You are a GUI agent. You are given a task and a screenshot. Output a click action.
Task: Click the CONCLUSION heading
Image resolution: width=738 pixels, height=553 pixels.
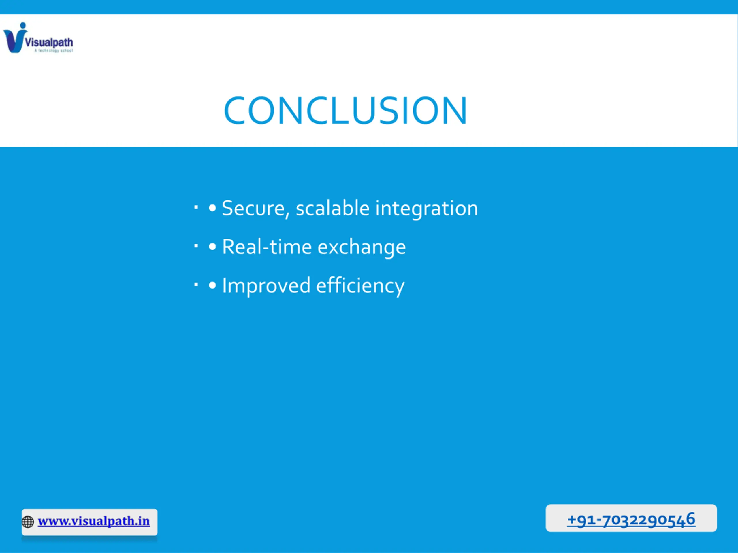coord(345,111)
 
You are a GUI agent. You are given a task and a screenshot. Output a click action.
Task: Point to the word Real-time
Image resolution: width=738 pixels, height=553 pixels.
coord(267,247)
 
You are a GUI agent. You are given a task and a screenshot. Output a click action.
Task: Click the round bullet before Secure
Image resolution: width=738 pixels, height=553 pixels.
coord(212,208)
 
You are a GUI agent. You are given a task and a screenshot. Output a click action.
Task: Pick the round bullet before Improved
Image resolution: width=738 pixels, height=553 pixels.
coord(212,286)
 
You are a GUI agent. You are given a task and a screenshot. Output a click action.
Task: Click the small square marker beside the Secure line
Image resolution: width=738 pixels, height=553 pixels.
coord(196,208)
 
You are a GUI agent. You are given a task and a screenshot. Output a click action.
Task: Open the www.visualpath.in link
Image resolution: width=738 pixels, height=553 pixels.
coord(94,521)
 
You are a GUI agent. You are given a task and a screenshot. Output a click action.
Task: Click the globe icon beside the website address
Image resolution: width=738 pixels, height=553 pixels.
coord(28,522)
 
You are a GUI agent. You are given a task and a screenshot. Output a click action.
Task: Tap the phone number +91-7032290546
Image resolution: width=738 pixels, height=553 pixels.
coord(631,520)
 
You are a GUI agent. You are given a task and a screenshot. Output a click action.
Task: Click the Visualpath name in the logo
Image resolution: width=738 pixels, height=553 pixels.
coord(49,42)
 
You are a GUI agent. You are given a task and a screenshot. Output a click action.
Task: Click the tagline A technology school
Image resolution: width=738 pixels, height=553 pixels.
coord(53,51)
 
